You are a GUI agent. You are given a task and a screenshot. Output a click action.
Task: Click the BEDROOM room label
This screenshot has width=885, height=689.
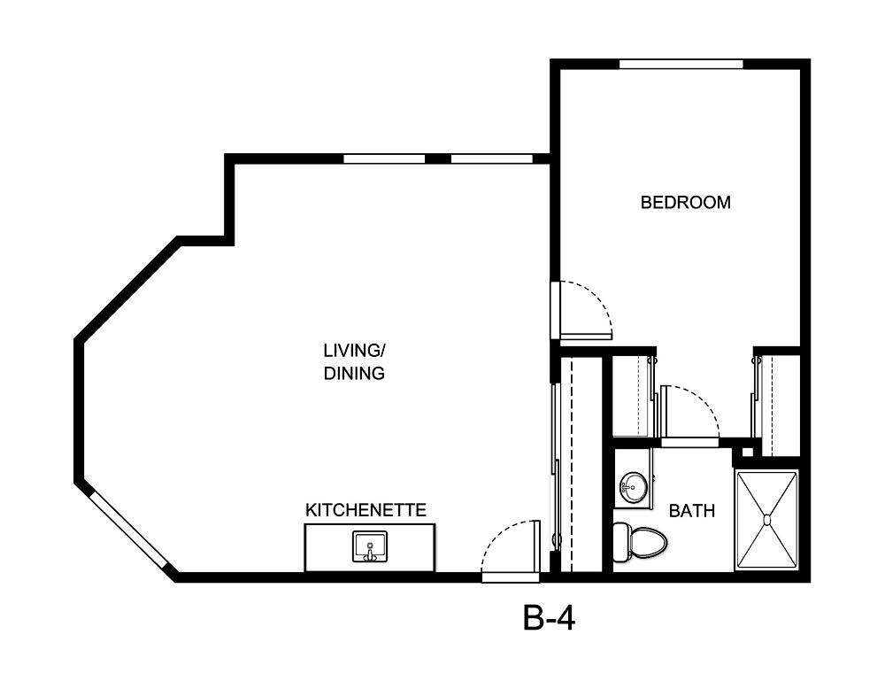point(686,202)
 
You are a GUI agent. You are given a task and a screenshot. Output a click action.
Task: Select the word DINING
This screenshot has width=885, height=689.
point(354,374)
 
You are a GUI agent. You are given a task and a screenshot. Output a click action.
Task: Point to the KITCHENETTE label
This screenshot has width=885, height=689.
point(366,510)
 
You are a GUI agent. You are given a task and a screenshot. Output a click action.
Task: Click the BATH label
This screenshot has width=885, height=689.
point(692,511)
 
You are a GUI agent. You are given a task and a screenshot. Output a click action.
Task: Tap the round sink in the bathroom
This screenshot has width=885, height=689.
point(633,485)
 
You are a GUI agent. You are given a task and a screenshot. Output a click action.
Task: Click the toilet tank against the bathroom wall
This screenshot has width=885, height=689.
point(620,542)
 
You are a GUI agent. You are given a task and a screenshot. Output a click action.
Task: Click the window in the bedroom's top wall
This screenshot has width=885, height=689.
point(681,64)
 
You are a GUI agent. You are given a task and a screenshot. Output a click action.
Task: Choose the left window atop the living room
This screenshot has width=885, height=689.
point(385,159)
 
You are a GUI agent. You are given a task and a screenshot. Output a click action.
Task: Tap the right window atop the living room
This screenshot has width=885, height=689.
point(491,159)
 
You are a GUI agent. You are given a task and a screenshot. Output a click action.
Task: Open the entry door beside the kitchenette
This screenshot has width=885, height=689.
point(511,577)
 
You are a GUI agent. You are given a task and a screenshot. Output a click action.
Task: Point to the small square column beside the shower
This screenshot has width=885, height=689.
point(748,453)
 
